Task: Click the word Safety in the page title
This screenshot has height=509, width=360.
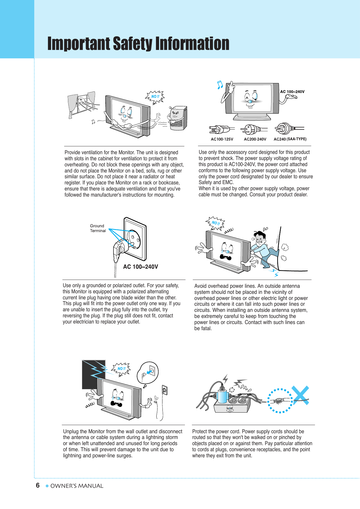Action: click(x=133, y=44)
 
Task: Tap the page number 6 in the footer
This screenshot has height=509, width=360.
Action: click(x=38, y=485)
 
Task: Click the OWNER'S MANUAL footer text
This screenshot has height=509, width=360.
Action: click(x=77, y=486)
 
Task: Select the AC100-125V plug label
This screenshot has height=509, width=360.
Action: click(x=222, y=139)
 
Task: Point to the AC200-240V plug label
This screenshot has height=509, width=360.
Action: click(x=255, y=139)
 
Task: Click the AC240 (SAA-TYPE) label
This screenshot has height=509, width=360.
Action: click(x=290, y=139)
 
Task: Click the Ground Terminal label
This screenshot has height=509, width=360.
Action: click(x=98, y=228)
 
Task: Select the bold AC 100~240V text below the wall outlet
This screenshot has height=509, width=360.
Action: click(x=141, y=267)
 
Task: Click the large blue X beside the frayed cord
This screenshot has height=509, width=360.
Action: click(x=301, y=395)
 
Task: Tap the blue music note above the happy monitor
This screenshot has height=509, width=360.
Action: click(x=220, y=84)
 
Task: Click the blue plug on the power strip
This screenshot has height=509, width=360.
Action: click(x=222, y=395)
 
